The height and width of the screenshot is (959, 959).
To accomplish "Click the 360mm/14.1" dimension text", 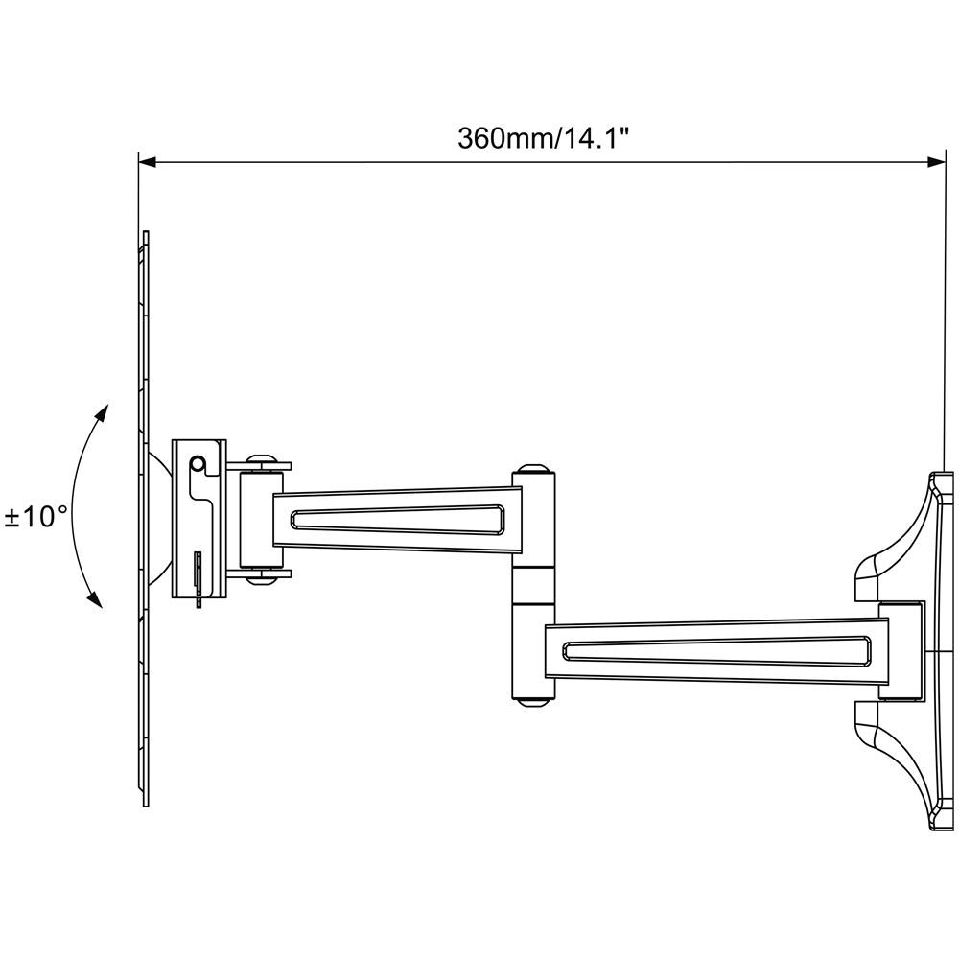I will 542,137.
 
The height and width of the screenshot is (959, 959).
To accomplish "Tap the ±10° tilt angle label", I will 36,518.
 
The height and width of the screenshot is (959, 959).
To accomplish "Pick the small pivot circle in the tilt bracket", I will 198,464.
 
